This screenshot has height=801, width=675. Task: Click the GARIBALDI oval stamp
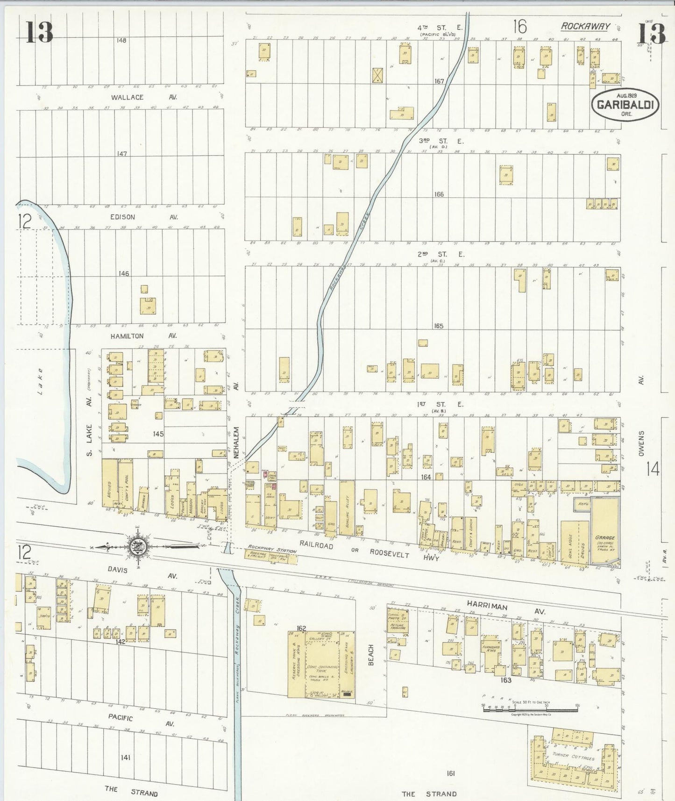(x=625, y=104)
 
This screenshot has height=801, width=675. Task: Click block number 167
(x=439, y=81)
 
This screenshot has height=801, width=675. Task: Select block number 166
(x=439, y=194)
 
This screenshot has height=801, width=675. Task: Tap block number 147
(x=122, y=154)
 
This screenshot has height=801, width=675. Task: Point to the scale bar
(x=531, y=707)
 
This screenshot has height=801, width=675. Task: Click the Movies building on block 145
(x=110, y=487)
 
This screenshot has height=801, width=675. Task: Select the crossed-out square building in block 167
(x=377, y=75)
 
